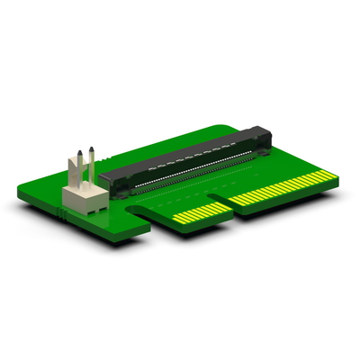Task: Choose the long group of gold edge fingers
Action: (279, 188)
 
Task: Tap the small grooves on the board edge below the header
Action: (63, 216)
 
